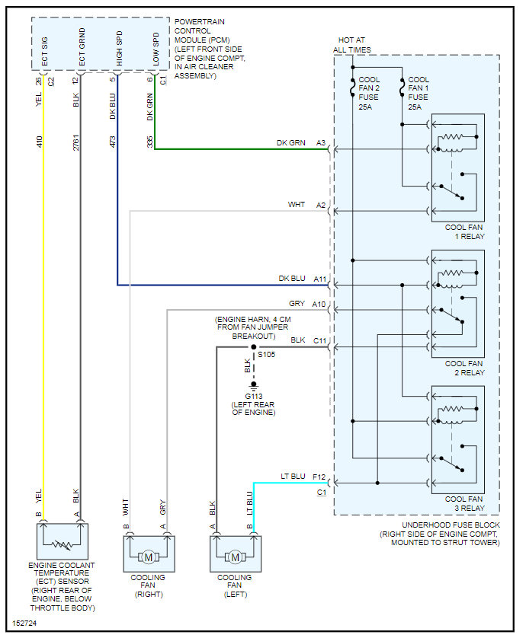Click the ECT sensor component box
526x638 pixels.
[x=63, y=541]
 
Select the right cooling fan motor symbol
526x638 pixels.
[x=149, y=557]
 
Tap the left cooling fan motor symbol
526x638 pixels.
[x=235, y=557]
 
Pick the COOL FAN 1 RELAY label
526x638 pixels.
[x=464, y=231]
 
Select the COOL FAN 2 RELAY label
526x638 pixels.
[x=464, y=368]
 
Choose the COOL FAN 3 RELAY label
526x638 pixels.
[x=464, y=503]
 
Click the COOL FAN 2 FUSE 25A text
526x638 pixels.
[x=370, y=93]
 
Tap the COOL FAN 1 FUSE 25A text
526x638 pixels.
[x=419, y=93]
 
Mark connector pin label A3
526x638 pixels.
[x=321, y=143]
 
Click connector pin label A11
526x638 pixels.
[x=319, y=279]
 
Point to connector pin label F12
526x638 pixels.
[x=319, y=477]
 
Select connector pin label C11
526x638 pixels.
[x=319, y=340]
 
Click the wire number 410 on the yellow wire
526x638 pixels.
[x=38, y=141]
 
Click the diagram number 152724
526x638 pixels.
[x=24, y=622]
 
